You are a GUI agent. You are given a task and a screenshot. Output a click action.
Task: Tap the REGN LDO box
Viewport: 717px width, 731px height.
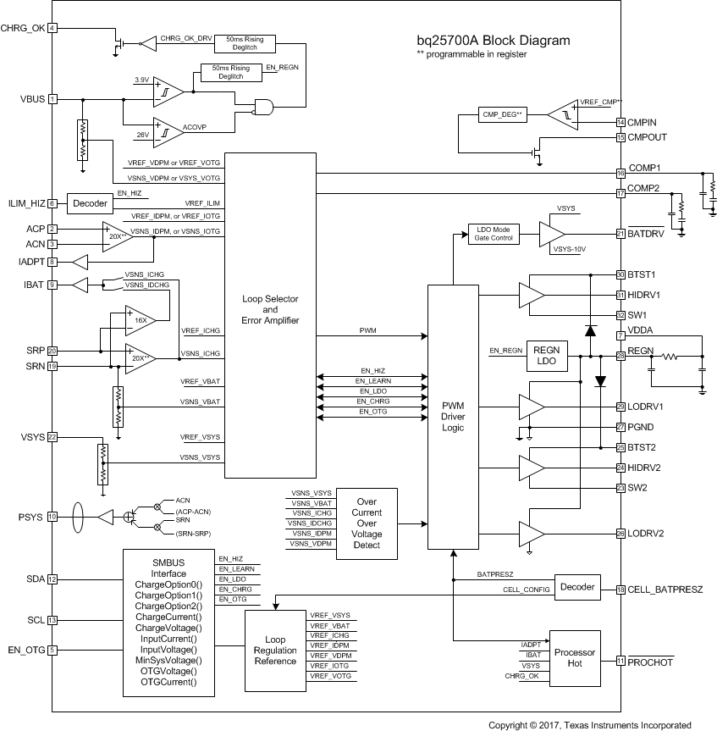pos(548,356)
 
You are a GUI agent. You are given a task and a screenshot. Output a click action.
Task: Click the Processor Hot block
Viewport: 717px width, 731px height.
pos(575,658)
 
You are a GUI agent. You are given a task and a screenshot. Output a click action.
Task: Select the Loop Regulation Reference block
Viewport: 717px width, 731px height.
pos(275,650)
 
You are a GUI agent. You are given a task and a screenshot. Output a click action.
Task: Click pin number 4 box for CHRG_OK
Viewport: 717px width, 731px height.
pos(52,28)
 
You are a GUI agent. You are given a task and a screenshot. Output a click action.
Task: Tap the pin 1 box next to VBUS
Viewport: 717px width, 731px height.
pos(52,99)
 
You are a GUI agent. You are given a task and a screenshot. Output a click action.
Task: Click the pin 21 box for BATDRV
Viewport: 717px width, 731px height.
pos(620,234)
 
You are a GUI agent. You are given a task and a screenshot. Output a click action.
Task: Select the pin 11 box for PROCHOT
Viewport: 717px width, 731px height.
pos(620,662)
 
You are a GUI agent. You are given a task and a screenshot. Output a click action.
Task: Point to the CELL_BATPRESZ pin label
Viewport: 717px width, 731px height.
pos(667,590)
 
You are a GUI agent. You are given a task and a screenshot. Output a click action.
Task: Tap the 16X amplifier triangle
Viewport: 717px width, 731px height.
pos(140,320)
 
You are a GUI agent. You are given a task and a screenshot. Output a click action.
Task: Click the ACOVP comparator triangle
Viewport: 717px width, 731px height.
pos(168,128)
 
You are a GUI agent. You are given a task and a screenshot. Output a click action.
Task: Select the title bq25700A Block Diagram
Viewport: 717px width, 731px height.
pos(493,40)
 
